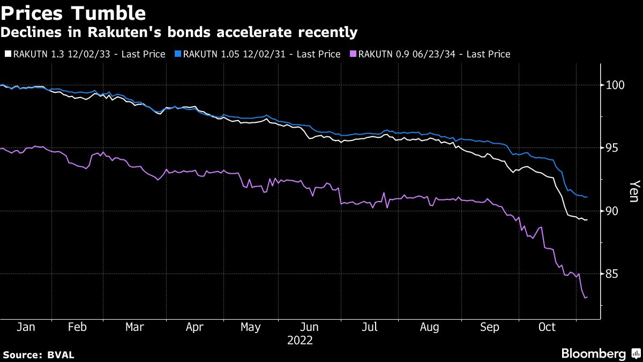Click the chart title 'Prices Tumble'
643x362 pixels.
73,12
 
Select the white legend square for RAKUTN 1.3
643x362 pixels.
8,54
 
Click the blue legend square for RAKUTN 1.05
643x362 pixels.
178,54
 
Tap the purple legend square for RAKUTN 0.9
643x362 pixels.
353,54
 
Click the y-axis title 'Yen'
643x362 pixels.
633,190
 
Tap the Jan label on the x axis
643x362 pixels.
26,328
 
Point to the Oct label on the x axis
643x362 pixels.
547,328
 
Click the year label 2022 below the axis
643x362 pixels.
300,341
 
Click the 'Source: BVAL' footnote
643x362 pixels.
39,355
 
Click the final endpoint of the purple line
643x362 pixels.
587,297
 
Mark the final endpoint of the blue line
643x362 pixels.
587,197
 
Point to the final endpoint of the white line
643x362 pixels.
587,220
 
